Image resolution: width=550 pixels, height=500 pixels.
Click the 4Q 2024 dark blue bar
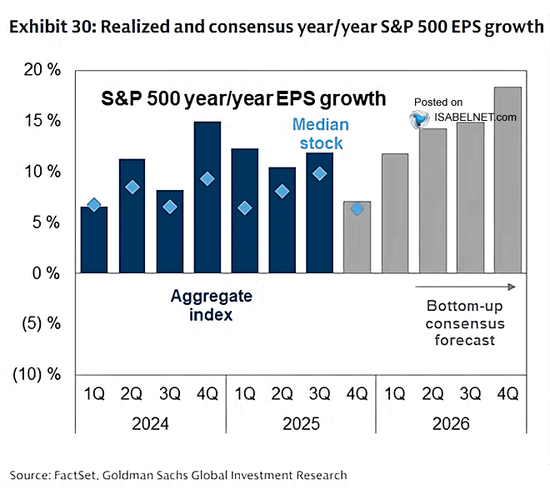(x=207, y=197)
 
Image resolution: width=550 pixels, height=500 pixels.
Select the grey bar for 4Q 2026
(x=509, y=180)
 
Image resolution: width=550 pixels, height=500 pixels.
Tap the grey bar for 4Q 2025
(x=357, y=237)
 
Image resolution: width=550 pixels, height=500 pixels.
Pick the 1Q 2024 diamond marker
(x=94, y=205)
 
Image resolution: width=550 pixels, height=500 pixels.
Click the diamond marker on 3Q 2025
(x=319, y=174)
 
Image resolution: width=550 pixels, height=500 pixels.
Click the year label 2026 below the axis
(x=451, y=424)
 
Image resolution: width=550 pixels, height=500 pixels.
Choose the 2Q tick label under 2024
(x=132, y=392)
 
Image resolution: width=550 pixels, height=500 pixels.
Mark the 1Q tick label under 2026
(x=395, y=392)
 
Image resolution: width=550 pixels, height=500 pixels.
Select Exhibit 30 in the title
(x=52, y=27)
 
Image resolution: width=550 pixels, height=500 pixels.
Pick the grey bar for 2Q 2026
(x=433, y=201)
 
